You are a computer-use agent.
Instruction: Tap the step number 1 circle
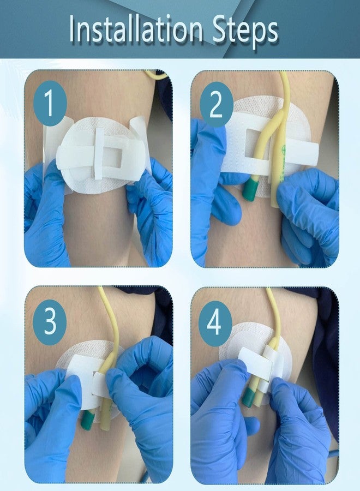tap(50, 103)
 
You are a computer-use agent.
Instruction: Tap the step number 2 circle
tap(217, 104)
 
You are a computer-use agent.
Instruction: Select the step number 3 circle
tap(50, 321)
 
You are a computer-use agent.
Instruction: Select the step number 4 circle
tap(215, 323)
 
